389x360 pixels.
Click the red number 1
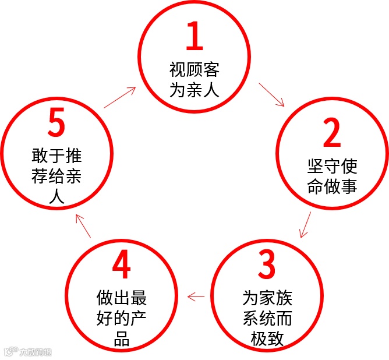tap(194, 38)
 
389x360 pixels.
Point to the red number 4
tap(121, 265)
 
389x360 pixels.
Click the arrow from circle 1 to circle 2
tap(271, 94)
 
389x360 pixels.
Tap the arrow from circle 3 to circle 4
tap(196, 297)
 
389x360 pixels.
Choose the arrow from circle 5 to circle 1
tap(120, 98)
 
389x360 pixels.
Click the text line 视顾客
tap(194, 71)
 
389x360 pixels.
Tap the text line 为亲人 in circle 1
tap(194, 90)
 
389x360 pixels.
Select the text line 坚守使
tap(332, 167)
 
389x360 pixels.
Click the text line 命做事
tap(332, 186)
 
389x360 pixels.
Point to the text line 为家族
tap(267, 298)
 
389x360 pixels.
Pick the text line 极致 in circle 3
tap(267, 338)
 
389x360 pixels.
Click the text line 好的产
tap(122, 319)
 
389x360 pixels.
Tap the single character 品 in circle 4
tap(122, 338)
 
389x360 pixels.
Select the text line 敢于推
tap(56, 156)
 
